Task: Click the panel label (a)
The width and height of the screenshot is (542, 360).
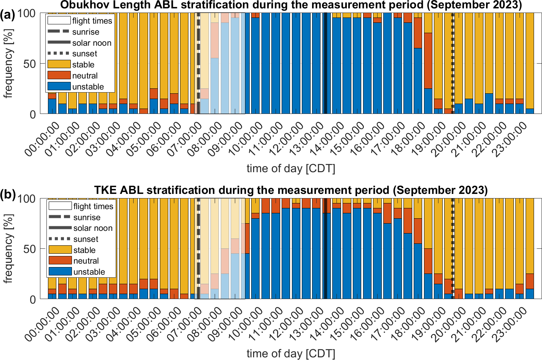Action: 8,16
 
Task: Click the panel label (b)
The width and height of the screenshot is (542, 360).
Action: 8,195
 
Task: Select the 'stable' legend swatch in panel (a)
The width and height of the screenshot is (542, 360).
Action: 59,64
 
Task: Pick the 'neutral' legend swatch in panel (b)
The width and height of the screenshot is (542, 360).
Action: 60,261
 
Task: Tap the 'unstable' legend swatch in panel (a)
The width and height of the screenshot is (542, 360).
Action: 59,86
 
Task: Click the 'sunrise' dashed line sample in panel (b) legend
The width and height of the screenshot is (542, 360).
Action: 60,217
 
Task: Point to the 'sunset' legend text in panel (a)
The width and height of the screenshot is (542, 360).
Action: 84,54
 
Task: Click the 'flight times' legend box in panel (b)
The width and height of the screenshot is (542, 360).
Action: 60,206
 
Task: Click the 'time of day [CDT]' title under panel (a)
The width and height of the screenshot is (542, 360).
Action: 291,168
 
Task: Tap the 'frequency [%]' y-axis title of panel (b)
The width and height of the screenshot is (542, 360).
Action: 8,248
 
